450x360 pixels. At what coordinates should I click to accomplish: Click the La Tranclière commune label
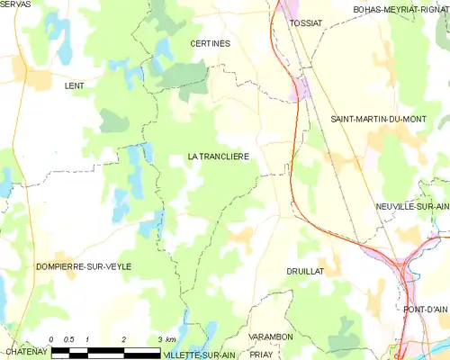pyautogui.click(x=218, y=157)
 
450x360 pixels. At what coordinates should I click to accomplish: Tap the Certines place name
pyautogui.click(x=210, y=43)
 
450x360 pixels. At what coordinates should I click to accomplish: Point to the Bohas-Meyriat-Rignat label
pyautogui.click(x=400, y=9)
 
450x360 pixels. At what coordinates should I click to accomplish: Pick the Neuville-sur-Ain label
pyautogui.click(x=412, y=206)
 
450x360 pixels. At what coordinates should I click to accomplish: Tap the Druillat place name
pyautogui.click(x=304, y=270)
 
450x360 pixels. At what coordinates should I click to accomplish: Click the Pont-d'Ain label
pyautogui.click(x=425, y=310)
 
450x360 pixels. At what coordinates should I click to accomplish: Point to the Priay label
pyautogui.click(x=262, y=355)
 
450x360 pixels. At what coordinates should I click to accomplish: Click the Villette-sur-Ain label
pyautogui.click(x=198, y=355)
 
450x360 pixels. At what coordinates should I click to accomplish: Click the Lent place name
pyautogui.click(x=74, y=85)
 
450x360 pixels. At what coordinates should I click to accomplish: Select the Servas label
pyautogui.click(x=15, y=5)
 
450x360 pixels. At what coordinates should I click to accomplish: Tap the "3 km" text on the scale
pyautogui.click(x=166, y=339)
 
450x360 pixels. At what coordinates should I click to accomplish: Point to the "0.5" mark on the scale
pyautogui.click(x=69, y=339)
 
